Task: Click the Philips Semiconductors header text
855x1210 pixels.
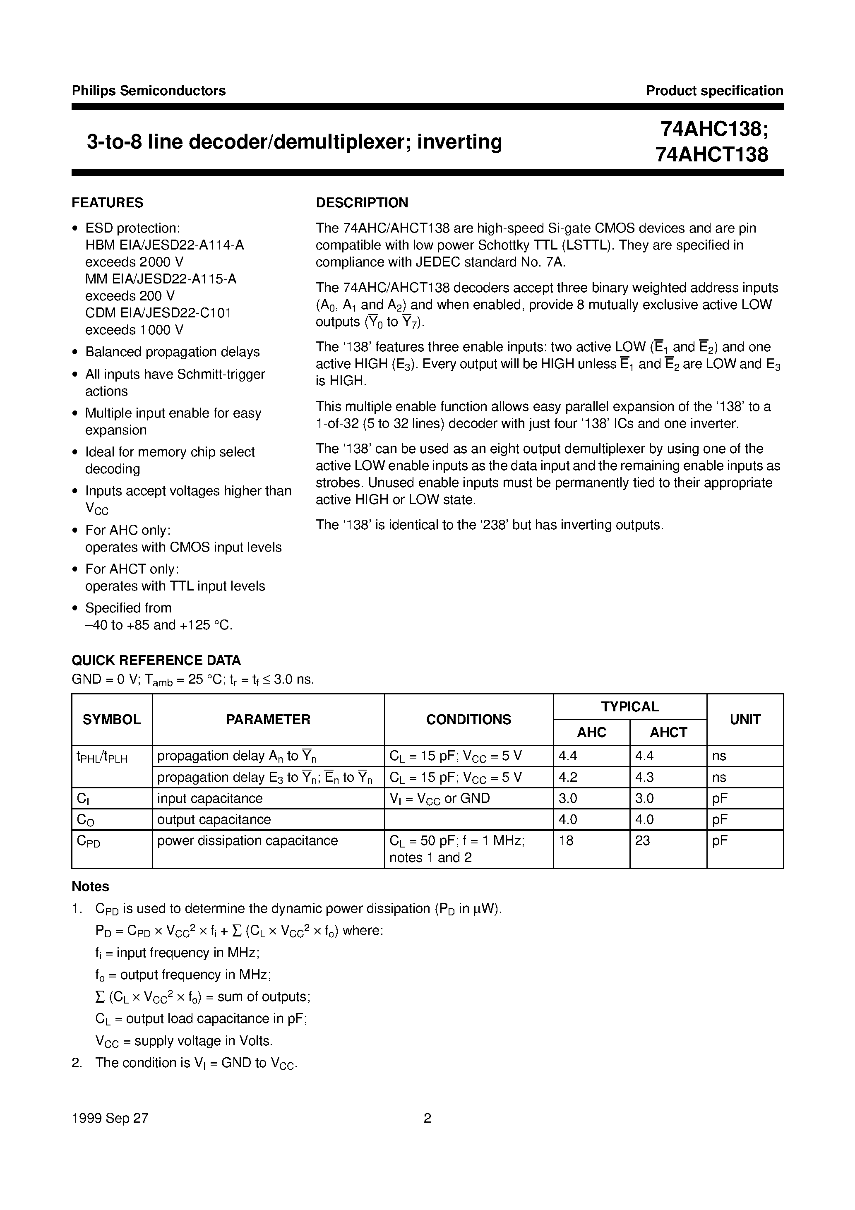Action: pos(149,91)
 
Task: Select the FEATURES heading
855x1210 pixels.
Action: pos(108,203)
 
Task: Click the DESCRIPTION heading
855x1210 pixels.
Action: pos(362,203)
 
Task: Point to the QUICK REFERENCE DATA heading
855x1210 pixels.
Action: pos(156,660)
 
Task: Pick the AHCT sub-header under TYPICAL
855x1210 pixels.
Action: pos(668,732)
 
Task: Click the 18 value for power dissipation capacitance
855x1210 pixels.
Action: pos(566,840)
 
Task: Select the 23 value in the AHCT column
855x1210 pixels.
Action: pos(643,840)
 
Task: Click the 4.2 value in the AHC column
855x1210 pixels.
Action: pos(568,777)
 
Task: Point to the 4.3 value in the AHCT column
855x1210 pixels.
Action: pos(644,777)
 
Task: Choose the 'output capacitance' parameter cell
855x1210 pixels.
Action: pos(214,819)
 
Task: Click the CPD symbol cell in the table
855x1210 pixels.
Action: pos(88,842)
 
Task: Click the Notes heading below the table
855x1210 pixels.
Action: pos(90,886)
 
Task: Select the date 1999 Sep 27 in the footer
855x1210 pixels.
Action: pos(110,1118)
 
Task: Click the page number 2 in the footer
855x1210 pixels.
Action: pos(427,1118)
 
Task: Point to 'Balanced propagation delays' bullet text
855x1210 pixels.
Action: pos(173,352)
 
